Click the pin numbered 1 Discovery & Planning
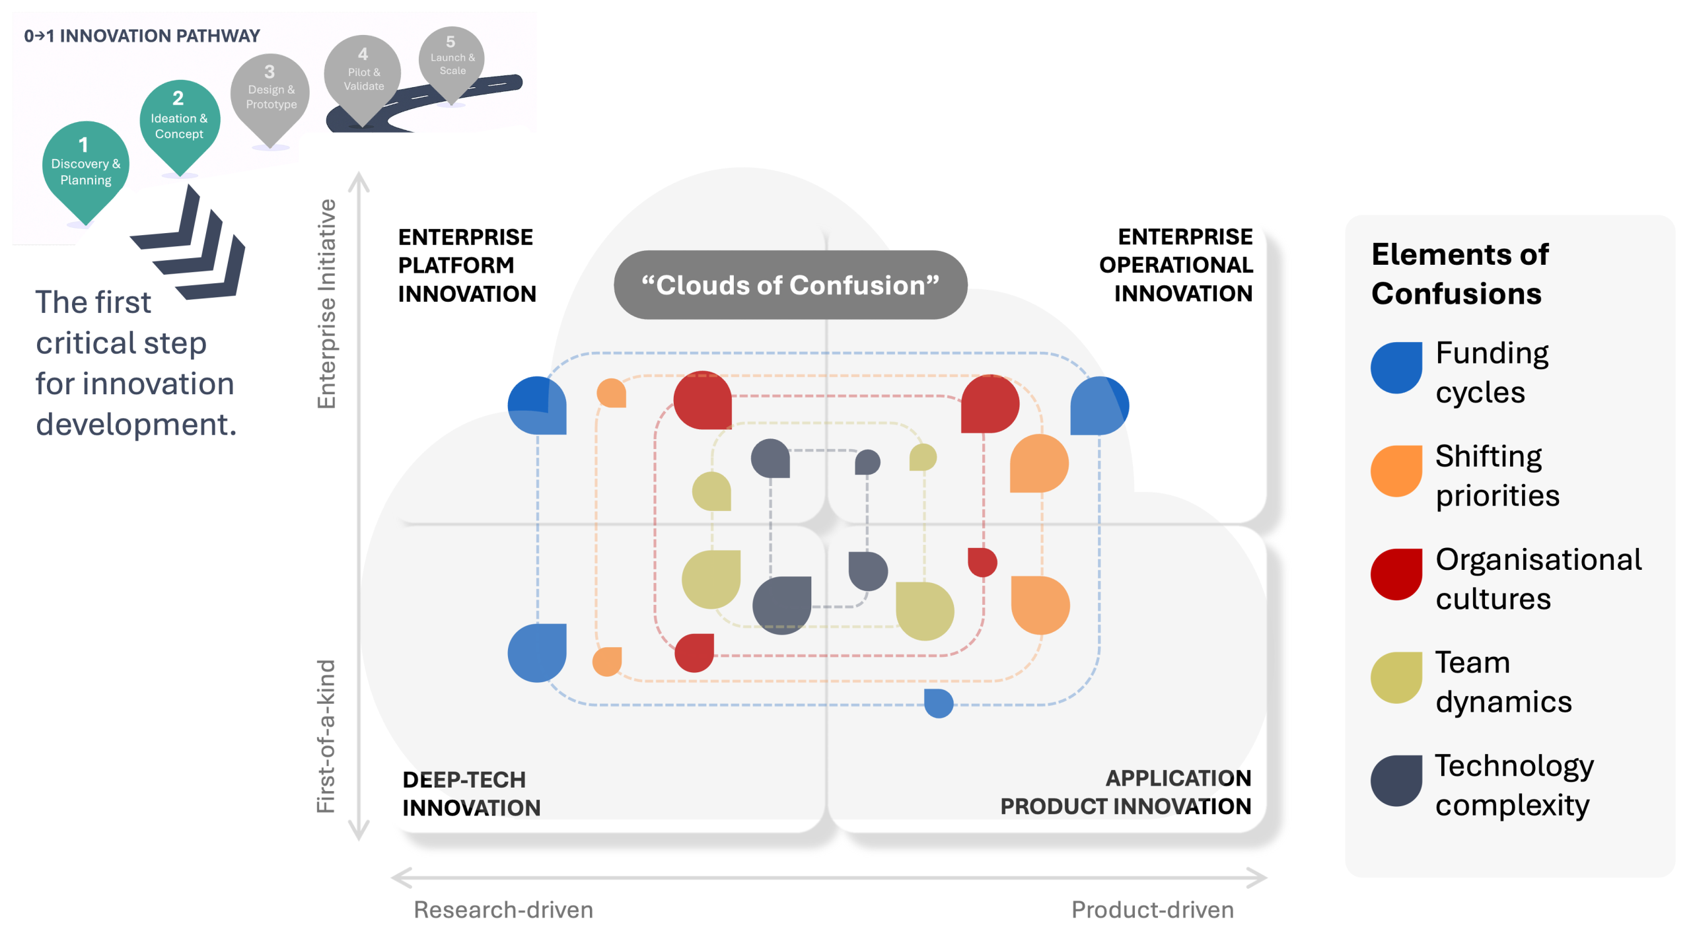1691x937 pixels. pos(85,165)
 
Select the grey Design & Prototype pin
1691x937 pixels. pos(270,92)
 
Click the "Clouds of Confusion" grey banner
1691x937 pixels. pos(790,285)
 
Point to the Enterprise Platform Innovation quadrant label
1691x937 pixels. pos(466,265)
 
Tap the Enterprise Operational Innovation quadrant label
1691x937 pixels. pos(1176,265)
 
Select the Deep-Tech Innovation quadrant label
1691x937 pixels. pos(471,794)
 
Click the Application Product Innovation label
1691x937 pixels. pos(1126,792)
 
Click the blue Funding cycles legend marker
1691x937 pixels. pos(1396,368)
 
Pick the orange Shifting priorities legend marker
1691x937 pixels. pos(1396,471)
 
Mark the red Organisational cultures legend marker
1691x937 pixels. pos(1396,574)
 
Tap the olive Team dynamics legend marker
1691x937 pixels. pos(1396,677)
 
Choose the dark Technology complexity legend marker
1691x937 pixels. pos(1396,781)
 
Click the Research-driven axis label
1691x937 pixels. pos(503,910)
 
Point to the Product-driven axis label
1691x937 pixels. pos(1152,910)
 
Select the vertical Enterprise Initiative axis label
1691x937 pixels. pos(327,304)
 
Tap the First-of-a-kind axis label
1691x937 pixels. pos(326,736)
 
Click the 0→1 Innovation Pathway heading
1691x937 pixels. pos(142,36)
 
